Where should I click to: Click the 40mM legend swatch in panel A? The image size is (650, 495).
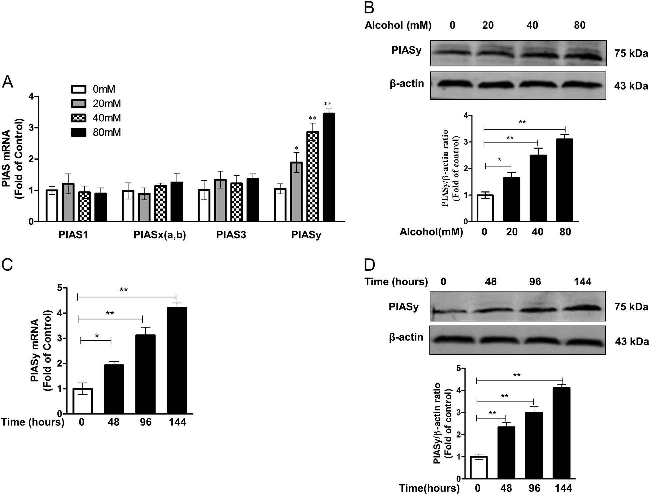[79, 118]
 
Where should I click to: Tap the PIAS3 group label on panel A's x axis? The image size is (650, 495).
[231, 235]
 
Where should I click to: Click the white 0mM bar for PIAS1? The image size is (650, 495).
[52, 206]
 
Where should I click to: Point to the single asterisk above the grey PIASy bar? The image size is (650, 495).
[297, 148]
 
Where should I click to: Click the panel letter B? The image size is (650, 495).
[369, 7]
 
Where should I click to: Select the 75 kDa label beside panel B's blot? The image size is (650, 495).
[631, 53]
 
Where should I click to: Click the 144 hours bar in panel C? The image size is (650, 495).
[177, 360]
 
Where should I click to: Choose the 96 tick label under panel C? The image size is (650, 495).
[145, 422]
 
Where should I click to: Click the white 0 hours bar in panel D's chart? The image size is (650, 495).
[478, 468]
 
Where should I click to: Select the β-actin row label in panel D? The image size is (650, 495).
[406, 337]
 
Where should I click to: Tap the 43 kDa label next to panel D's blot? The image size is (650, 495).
[631, 342]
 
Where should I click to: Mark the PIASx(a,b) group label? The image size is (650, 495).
[160, 235]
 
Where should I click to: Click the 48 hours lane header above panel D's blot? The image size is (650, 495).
[491, 282]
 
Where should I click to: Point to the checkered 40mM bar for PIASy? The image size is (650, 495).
[313, 177]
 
